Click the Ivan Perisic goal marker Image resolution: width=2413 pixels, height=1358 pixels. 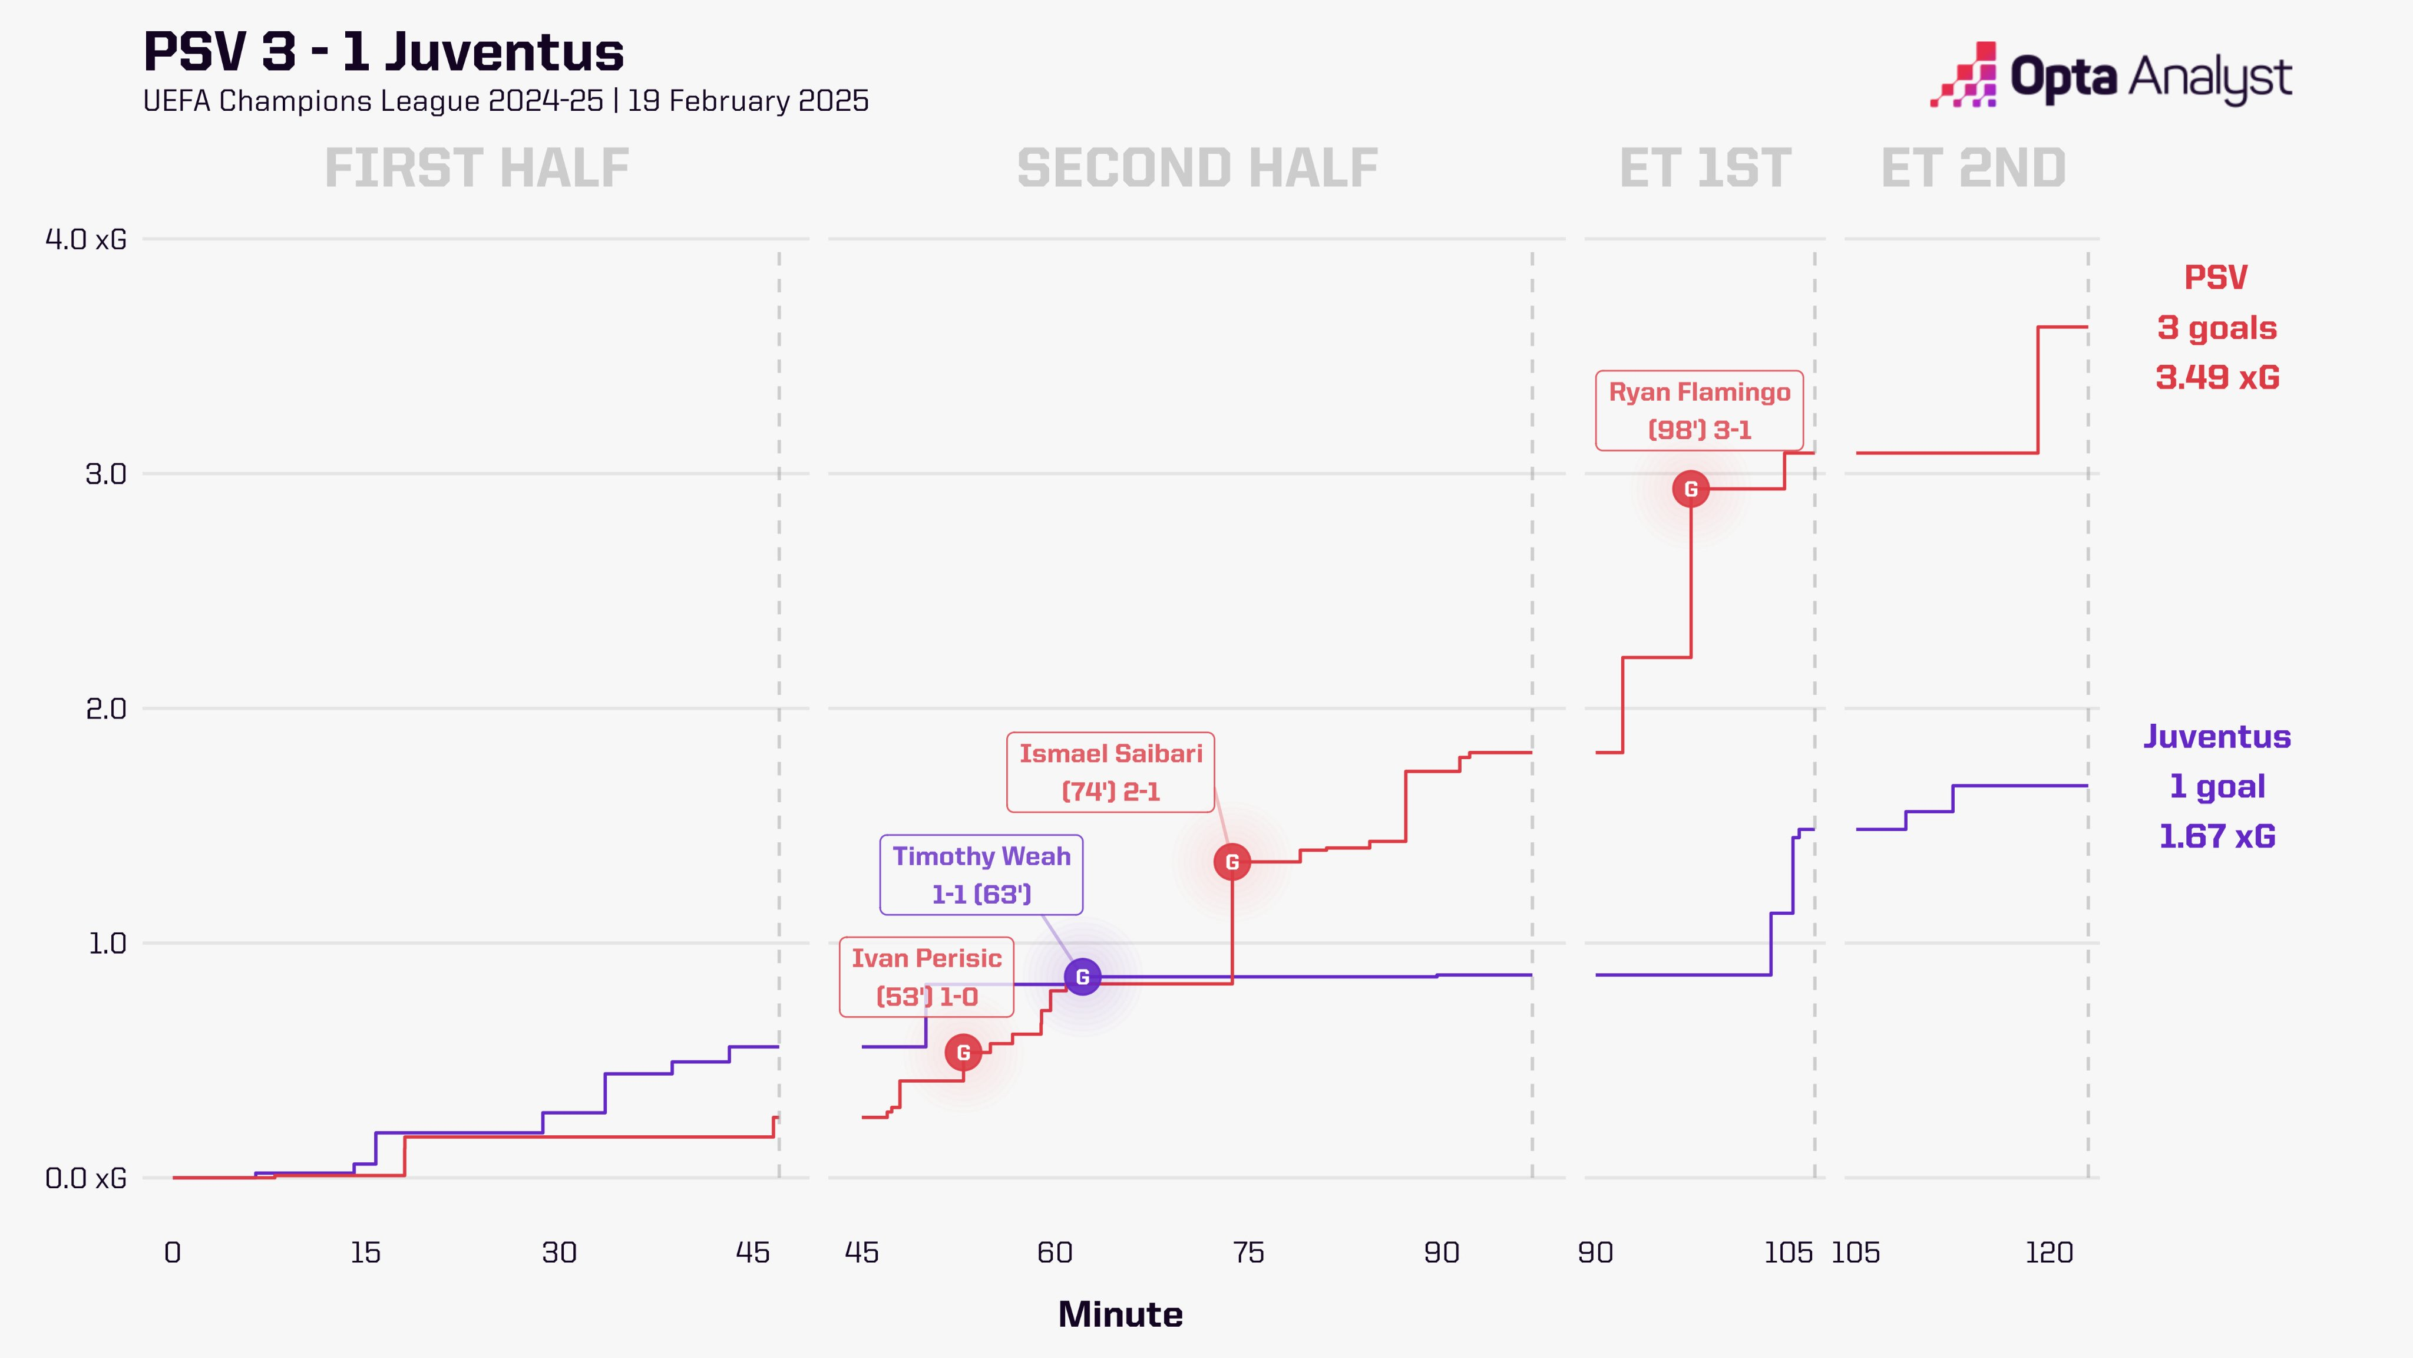tap(963, 1053)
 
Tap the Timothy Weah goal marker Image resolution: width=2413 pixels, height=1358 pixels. tap(1083, 977)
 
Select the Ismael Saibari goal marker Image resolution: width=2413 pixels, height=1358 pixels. tap(1232, 861)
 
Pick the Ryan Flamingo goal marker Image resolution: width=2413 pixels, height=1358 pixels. tap(1691, 488)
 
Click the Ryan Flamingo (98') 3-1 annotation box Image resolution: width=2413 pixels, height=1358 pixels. tap(1699, 410)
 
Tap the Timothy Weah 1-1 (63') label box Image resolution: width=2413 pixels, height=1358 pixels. tap(981, 875)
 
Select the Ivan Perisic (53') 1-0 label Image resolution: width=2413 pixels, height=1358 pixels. tap(927, 977)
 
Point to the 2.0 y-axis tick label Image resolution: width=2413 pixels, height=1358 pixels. tap(106, 708)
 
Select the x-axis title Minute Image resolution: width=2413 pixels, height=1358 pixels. tap(1120, 1315)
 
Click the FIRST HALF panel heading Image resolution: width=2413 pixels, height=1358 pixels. tap(477, 169)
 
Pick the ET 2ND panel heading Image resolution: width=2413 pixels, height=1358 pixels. tap(1973, 169)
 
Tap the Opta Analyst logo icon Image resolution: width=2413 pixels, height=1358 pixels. tap(1964, 75)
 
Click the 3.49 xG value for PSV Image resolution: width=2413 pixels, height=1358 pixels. tap(2217, 378)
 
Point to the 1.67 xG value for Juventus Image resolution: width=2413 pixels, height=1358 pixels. tap(2217, 836)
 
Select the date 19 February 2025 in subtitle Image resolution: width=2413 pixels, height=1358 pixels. tap(748, 101)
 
